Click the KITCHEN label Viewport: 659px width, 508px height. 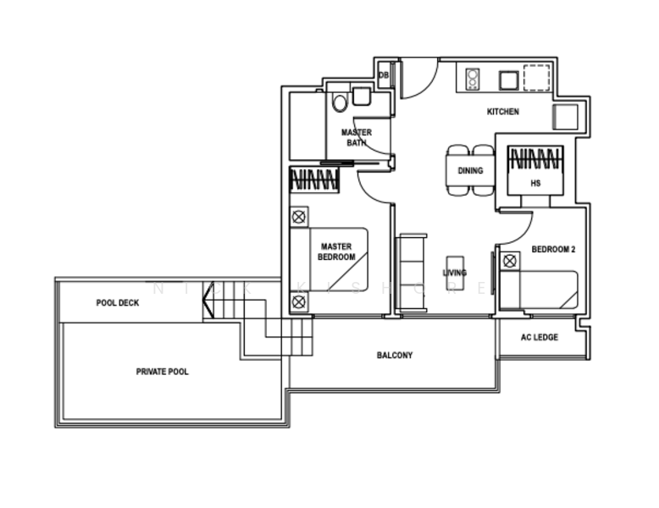pyautogui.click(x=502, y=112)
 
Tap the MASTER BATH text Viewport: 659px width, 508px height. pyautogui.click(x=357, y=137)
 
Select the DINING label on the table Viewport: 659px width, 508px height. pyautogui.click(x=470, y=170)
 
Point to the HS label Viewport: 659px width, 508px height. pyautogui.click(x=534, y=182)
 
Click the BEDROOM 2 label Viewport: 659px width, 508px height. pyautogui.click(x=553, y=249)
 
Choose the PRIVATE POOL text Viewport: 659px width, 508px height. pyautogui.click(x=163, y=372)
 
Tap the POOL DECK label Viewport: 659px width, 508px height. pyautogui.click(x=118, y=302)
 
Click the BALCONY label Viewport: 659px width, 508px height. pyautogui.click(x=395, y=356)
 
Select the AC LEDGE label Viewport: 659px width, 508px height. pyautogui.click(x=539, y=337)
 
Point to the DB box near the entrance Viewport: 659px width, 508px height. pyautogui.click(x=384, y=75)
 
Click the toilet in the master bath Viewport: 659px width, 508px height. pyautogui.click(x=340, y=103)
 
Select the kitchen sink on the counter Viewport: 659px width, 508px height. pyautogui.click(x=507, y=80)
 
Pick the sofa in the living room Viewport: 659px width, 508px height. pyautogui.click(x=412, y=273)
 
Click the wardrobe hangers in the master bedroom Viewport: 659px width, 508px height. pyautogui.click(x=314, y=179)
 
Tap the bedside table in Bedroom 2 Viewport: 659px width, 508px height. pyautogui.click(x=509, y=262)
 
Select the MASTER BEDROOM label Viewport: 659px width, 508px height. pyautogui.click(x=336, y=251)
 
